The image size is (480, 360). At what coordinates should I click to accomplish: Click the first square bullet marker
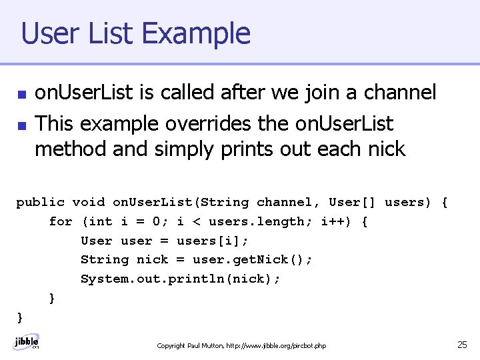(x=22, y=94)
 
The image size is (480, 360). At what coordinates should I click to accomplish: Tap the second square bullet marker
(x=22, y=125)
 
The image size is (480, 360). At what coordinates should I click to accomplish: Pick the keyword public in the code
(x=40, y=202)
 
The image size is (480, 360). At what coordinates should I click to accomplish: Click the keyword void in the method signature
(x=88, y=202)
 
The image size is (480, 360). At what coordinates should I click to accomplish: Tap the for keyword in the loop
(x=61, y=221)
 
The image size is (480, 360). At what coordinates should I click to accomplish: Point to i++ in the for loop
(x=337, y=221)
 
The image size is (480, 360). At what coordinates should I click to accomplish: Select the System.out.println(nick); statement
(x=181, y=279)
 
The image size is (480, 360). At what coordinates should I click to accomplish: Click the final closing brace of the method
(x=20, y=317)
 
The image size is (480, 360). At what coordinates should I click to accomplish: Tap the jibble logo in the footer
(x=27, y=342)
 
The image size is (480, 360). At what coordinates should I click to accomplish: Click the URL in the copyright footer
(x=276, y=346)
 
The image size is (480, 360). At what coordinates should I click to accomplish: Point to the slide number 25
(x=462, y=345)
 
